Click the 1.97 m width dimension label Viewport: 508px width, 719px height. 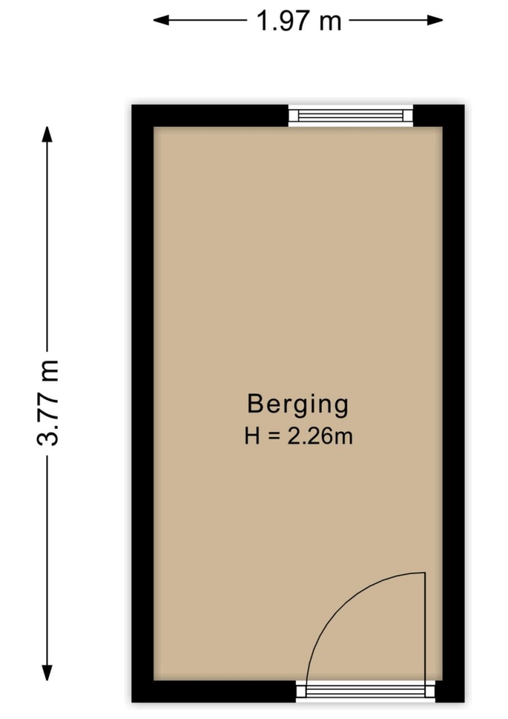299,21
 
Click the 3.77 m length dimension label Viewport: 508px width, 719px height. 47,403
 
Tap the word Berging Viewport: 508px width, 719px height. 298,405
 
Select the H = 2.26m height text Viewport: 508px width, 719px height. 298,436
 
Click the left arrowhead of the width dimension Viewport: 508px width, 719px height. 160,20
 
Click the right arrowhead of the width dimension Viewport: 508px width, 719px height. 435,20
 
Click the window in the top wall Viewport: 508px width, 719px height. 351,116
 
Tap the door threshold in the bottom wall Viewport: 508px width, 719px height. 366,692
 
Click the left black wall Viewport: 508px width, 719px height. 142,403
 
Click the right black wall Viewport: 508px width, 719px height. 454,403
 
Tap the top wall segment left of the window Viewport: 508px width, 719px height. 210,116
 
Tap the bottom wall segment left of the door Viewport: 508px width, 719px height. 214,692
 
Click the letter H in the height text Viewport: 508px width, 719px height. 253,436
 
